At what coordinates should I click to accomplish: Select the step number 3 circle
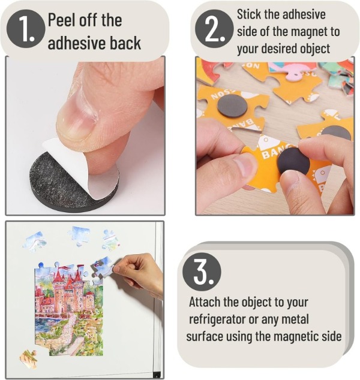click(201, 272)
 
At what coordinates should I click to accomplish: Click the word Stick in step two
click(250, 14)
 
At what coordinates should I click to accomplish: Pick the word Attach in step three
click(208, 302)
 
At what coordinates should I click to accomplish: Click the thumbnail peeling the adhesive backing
click(85, 135)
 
